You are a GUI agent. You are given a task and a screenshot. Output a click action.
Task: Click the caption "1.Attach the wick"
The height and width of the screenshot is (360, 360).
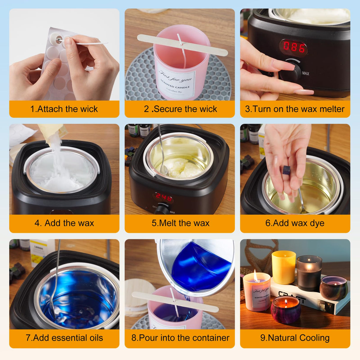[64, 109]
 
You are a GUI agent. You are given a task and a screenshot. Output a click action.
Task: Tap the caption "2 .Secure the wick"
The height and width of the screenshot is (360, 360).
[180, 109]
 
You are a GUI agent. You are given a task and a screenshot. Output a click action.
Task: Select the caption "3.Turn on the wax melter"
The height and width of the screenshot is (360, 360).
[295, 109]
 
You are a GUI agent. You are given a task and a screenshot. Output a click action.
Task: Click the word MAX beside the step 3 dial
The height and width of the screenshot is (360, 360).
[305, 73]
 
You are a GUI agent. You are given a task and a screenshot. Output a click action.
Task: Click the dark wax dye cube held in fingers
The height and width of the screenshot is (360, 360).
[286, 170]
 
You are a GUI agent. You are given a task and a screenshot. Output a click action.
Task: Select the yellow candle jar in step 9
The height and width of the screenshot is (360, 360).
[284, 267]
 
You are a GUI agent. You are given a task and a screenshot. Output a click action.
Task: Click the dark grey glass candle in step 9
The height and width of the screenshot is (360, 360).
[309, 273]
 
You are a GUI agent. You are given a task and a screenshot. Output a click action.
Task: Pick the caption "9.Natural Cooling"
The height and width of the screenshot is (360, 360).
[295, 338]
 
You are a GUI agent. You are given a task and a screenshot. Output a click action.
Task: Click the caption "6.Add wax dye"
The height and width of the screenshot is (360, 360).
[295, 223]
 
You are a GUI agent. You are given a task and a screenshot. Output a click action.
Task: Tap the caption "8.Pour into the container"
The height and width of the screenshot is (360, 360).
[180, 338]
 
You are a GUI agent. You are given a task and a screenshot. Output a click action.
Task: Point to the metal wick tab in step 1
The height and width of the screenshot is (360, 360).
[59, 39]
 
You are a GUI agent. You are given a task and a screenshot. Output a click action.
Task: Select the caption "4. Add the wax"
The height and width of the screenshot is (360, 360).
[64, 223]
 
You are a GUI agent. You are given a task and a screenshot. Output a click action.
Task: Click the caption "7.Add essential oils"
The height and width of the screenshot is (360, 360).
[64, 338]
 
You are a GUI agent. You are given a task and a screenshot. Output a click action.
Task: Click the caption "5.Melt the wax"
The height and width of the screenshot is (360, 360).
[180, 223]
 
